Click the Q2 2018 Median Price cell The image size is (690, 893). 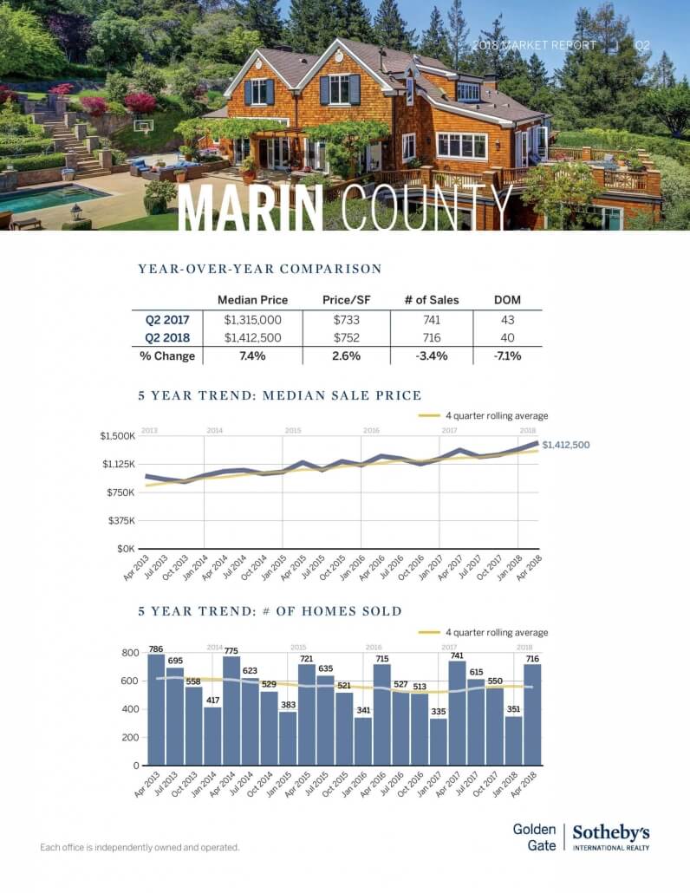pos(252,338)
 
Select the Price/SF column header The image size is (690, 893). pos(341,300)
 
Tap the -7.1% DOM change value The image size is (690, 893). pos(507,355)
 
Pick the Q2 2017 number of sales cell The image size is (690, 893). pos(432,320)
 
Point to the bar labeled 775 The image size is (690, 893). pos(231,710)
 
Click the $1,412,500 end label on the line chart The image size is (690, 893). pos(565,445)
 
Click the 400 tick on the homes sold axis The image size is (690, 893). pos(129,709)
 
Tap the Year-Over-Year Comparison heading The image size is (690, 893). pos(259,269)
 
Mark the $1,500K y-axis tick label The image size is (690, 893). pos(117,436)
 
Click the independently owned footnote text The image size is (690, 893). pos(140,847)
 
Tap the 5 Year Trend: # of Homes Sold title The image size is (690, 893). pos(270,611)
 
